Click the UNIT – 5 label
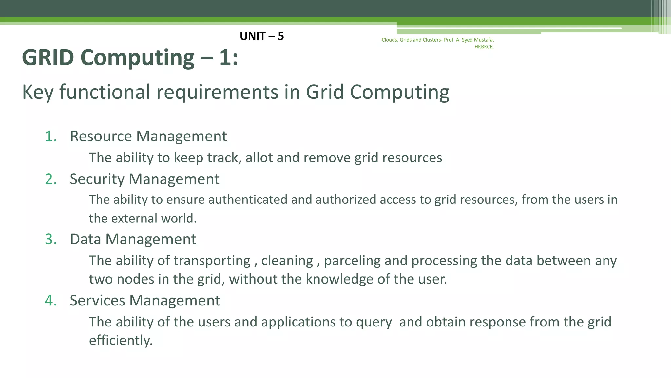(x=262, y=36)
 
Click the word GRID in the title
(x=48, y=57)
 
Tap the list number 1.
(x=51, y=136)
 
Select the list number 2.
(x=51, y=179)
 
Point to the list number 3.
(x=51, y=239)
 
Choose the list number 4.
(x=51, y=301)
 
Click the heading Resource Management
(x=148, y=136)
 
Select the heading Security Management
(x=144, y=179)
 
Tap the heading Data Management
(x=133, y=239)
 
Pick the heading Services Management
(x=145, y=301)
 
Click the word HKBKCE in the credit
(x=484, y=47)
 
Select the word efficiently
(x=121, y=340)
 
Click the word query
(x=374, y=322)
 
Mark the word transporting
(x=212, y=261)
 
